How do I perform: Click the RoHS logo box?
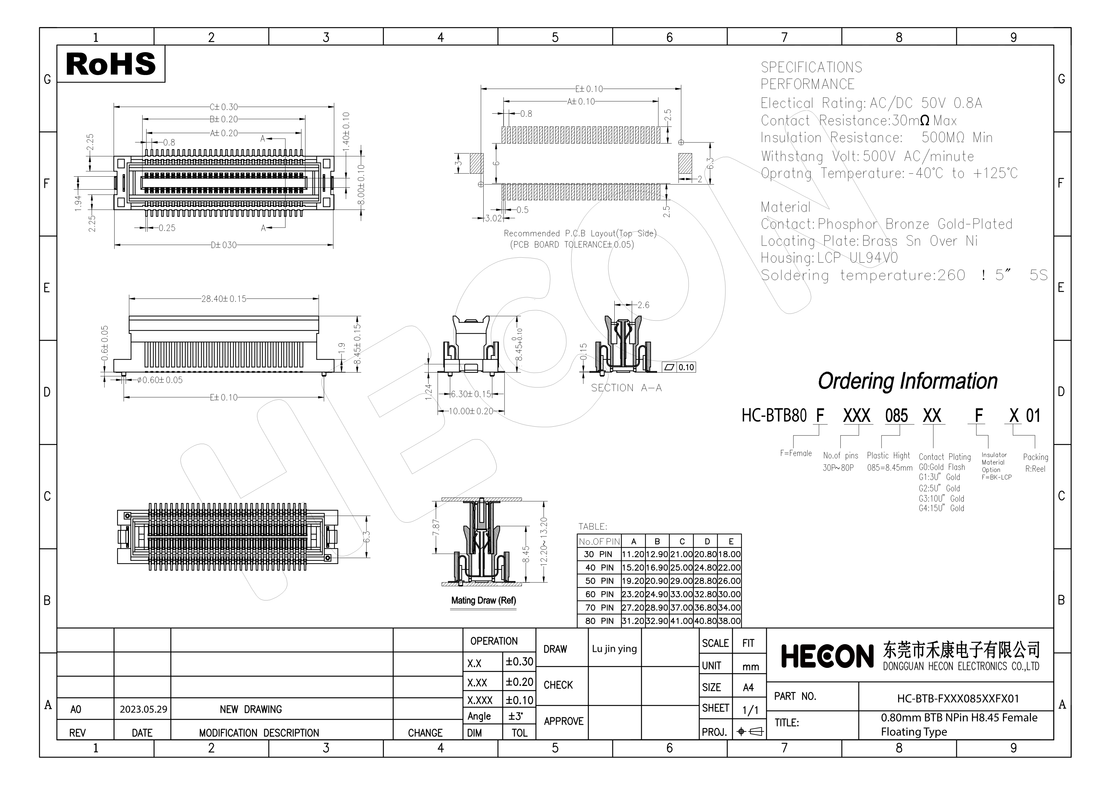[x=111, y=64]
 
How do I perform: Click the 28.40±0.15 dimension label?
[x=224, y=299]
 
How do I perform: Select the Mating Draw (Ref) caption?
[x=483, y=600]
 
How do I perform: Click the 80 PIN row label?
[x=599, y=621]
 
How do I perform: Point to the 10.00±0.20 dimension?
[x=471, y=411]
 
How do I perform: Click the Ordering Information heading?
[x=907, y=381]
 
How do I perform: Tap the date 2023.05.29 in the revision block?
[x=144, y=709]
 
